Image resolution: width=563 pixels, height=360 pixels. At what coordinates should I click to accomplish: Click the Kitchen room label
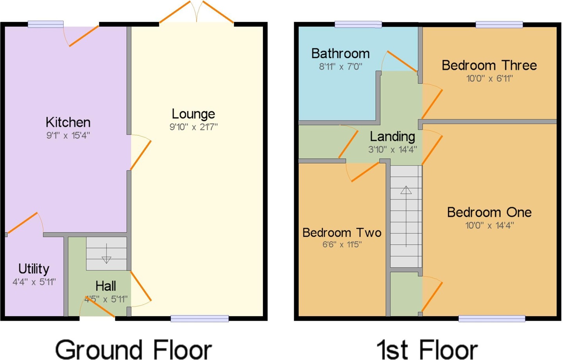pyautogui.click(x=68, y=122)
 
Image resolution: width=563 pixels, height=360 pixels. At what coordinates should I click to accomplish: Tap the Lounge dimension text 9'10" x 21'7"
pyautogui.click(x=194, y=127)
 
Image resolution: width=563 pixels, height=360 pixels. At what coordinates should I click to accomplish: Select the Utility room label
pyautogui.click(x=34, y=269)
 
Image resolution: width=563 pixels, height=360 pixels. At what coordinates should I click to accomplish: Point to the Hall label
pyautogui.click(x=106, y=286)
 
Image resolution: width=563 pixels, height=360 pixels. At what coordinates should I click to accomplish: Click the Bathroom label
pyautogui.click(x=341, y=53)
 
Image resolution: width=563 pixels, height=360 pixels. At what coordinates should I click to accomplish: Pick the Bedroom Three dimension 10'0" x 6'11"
pyautogui.click(x=489, y=79)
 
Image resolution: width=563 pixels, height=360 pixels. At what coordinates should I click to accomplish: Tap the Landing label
pyautogui.click(x=393, y=137)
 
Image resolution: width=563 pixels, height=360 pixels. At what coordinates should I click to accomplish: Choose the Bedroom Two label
pyautogui.click(x=342, y=232)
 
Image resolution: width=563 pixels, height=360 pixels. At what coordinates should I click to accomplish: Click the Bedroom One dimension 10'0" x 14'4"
pyautogui.click(x=489, y=225)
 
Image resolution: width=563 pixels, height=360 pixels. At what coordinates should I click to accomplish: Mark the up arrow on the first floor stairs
pyautogui.click(x=406, y=216)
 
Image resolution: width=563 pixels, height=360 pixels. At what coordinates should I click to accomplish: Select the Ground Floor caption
pyautogui.click(x=133, y=350)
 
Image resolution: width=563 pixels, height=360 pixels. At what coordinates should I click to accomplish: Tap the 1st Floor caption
pyautogui.click(x=427, y=350)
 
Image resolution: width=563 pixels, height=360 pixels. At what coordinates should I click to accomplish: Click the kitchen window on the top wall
pyautogui.click(x=45, y=24)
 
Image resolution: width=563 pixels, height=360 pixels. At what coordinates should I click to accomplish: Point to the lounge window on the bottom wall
pyautogui.click(x=200, y=319)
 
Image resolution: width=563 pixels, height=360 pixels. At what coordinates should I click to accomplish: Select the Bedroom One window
pyautogui.click(x=492, y=319)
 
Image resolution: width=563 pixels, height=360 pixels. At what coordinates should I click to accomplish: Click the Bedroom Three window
pyautogui.click(x=499, y=24)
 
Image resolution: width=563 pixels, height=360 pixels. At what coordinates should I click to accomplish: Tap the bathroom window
pyautogui.click(x=359, y=24)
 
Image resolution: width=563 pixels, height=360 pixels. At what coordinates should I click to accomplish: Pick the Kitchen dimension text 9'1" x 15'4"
pyautogui.click(x=68, y=136)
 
